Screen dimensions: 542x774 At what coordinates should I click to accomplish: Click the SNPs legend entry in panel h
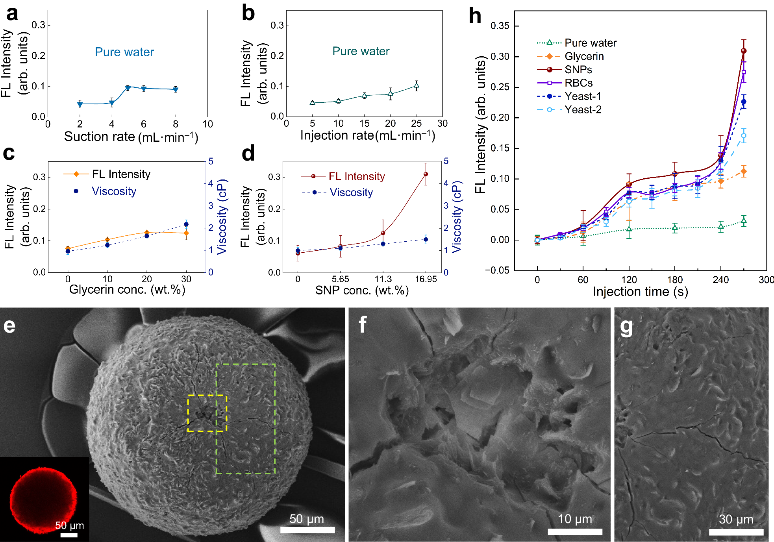[x=578, y=70]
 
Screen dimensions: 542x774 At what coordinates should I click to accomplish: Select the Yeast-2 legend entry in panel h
[x=583, y=110]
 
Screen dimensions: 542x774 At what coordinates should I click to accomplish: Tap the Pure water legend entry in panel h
[x=590, y=43]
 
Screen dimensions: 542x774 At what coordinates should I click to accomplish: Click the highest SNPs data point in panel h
[x=744, y=51]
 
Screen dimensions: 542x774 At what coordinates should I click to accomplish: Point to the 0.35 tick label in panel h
[x=500, y=26]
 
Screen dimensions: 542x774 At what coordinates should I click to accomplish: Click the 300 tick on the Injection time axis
[x=766, y=280]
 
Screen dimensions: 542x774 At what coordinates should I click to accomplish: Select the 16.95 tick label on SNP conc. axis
[x=426, y=279]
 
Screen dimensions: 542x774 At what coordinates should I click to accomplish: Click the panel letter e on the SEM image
[x=9, y=326]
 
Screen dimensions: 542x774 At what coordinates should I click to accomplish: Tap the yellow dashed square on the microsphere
[x=207, y=413]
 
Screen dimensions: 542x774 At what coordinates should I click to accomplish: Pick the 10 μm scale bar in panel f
[x=575, y=532]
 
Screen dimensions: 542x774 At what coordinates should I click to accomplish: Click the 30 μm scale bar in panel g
[x=736, y=532]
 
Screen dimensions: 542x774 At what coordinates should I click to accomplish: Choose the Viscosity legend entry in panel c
[x=114, y=191]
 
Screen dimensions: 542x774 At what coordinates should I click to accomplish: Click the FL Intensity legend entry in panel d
[x=356, y=177]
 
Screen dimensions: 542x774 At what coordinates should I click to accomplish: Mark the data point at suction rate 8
[x=176, y=89]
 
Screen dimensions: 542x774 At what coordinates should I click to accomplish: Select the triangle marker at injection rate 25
[x=416, y=85]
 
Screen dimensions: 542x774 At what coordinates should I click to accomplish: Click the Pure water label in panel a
[x=124, y=52]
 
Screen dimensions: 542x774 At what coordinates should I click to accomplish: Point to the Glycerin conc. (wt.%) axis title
[x=127, y=290]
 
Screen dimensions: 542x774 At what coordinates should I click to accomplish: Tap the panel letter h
[x=475, y=17]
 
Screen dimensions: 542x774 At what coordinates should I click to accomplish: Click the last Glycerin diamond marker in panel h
[x=744, y=172]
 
